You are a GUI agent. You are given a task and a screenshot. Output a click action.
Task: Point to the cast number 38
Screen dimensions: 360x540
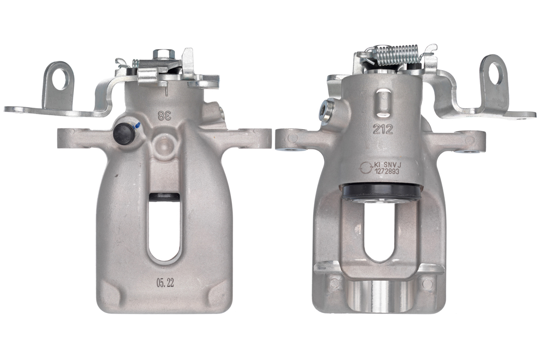point(164,115)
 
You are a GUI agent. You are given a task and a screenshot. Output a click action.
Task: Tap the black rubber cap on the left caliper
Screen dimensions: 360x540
point(124,133)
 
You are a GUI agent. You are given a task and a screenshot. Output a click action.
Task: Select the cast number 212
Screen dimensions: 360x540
point(383,130)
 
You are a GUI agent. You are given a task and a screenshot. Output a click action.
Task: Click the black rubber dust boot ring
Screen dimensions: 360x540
point(381,192)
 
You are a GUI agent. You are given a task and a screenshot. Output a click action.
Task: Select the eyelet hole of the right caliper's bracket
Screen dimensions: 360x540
point(495,72)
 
